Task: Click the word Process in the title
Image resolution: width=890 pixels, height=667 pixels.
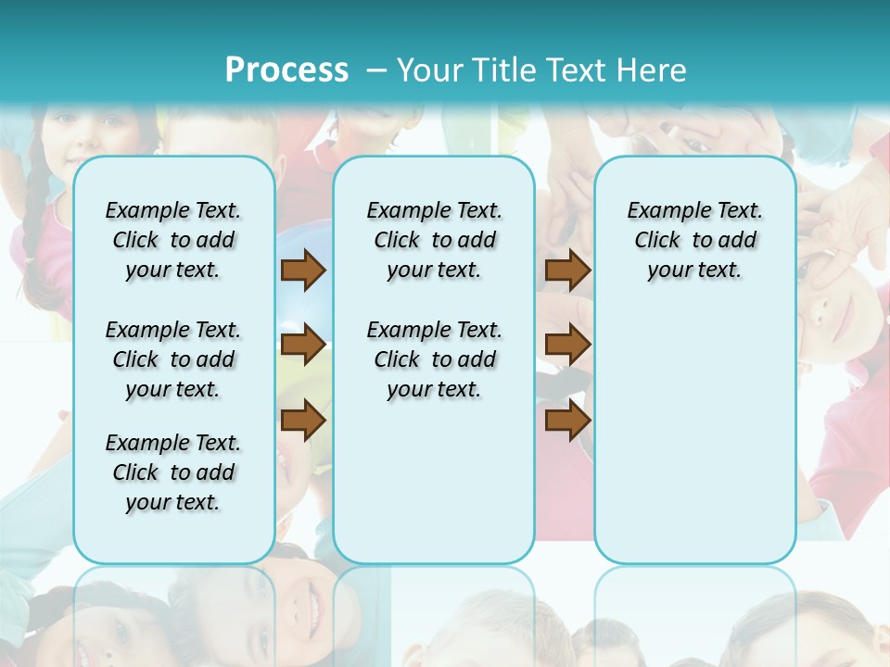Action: (x=286, y=69)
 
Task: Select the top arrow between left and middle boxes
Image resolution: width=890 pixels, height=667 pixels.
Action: (x=302, y=270)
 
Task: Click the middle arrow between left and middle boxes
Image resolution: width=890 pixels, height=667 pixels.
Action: (x=302, y=345)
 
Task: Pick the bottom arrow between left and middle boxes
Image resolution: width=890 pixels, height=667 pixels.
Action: (x=302, y=421)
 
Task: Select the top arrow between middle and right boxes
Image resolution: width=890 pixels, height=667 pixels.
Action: (x=567, y=270)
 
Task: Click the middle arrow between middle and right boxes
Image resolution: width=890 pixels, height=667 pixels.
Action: (x=567, y=345)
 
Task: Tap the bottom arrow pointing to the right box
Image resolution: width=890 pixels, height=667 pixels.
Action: (x=567, y=421)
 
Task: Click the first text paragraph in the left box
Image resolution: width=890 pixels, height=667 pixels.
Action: (x=173, y=240)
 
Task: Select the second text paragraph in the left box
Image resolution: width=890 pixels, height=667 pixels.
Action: (x=173, y=359)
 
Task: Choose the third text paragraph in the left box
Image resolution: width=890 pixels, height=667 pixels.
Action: (x=173, y=472)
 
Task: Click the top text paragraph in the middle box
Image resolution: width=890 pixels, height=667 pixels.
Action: (x=434, y=240)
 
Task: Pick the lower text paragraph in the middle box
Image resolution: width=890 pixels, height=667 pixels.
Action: (x=434, y=359)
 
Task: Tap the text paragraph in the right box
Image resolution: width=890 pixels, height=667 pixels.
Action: (x=694, y=240)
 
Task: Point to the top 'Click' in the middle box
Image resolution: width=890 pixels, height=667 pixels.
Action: (x=397, y=241)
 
